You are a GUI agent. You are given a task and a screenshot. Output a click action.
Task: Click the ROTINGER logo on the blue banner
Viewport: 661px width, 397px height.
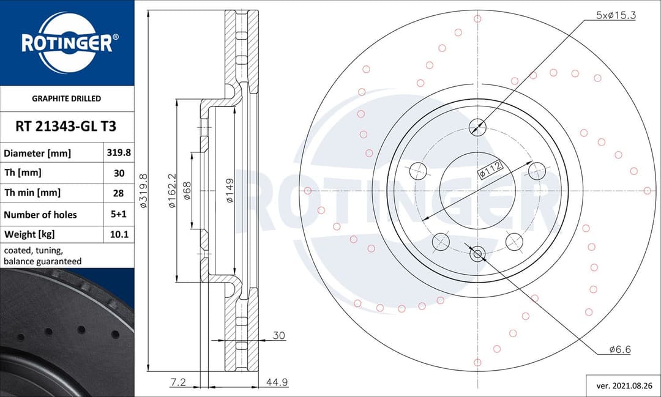(67, 43)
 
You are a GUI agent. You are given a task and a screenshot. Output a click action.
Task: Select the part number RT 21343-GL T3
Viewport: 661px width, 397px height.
(66, 127)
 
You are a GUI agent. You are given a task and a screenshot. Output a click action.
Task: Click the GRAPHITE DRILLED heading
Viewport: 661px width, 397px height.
(66, 98)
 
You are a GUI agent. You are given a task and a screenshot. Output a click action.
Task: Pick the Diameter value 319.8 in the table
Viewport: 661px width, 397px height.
(119, 153)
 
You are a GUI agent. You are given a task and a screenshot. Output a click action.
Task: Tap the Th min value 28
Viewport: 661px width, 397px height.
(119, 193)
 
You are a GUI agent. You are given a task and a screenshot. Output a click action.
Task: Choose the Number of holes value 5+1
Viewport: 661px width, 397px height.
(119, 214)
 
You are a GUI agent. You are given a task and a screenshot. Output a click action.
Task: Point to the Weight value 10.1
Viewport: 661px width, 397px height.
(119, 234)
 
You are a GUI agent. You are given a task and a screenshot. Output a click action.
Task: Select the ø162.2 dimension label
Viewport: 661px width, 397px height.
(172, 190)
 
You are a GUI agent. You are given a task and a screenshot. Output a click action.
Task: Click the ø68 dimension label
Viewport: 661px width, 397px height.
(188, 190)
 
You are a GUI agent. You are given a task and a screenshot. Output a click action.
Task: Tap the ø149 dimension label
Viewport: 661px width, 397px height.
(230, 190)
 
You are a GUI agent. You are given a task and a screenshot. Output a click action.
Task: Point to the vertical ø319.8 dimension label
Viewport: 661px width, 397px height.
(143, 190)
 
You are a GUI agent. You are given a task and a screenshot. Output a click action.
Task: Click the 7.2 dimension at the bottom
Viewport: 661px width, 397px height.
(177, 382)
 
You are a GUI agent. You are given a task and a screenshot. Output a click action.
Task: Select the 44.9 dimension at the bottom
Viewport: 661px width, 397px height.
(277, 382)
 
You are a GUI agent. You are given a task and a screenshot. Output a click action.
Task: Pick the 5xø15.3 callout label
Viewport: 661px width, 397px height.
(616, 15)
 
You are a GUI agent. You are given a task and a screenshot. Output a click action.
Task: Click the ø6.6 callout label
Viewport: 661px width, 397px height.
(619, 349)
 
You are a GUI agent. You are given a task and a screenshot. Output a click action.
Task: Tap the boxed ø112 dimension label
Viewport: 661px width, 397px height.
(490, 169)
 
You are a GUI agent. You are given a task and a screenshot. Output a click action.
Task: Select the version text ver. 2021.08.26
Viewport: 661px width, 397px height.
(623, 386)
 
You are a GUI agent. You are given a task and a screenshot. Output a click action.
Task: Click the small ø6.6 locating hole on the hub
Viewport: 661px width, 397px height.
(477, 253)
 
